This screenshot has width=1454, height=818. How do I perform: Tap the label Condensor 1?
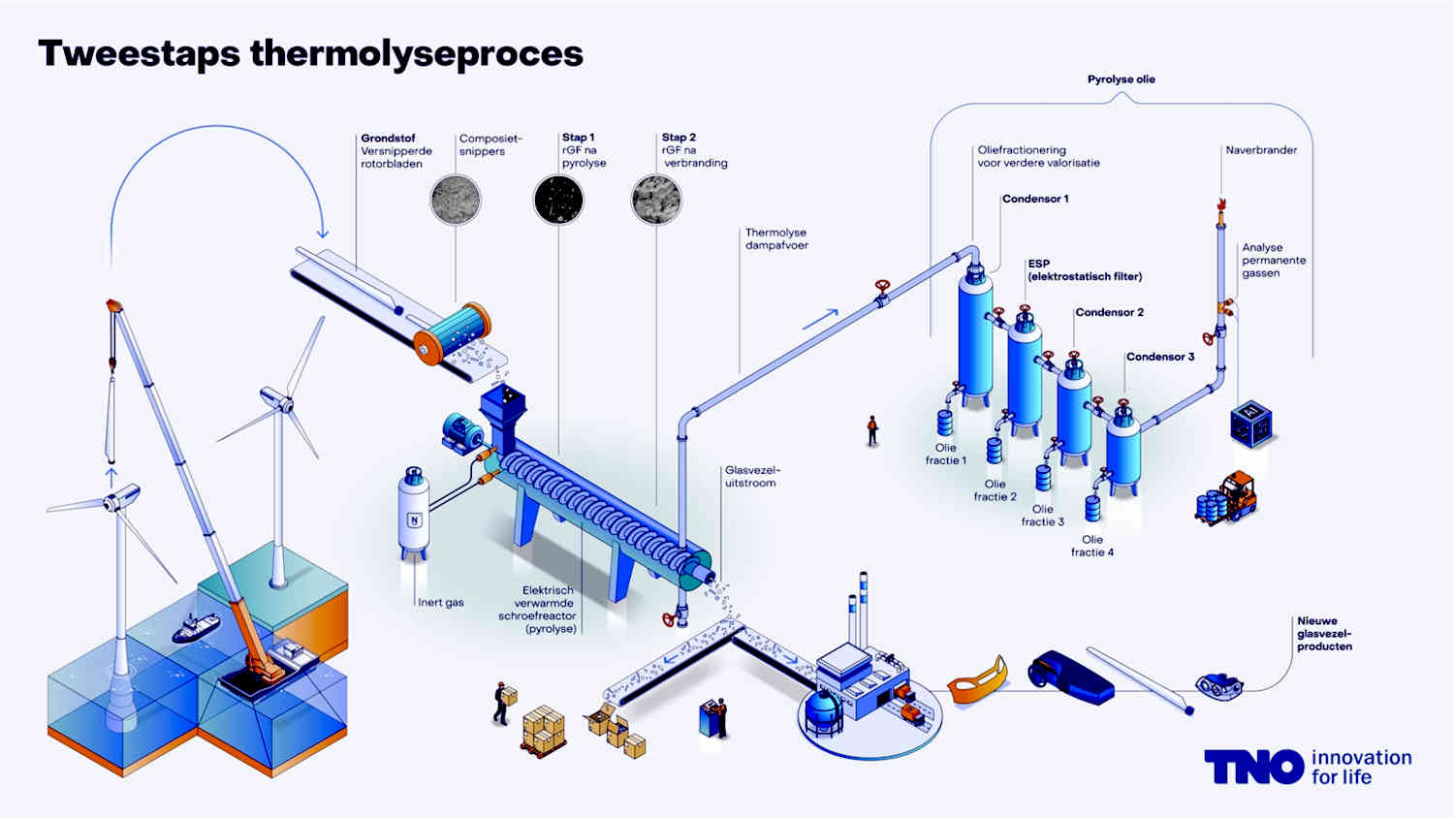1035,199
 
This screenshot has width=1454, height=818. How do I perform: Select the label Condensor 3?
1160,357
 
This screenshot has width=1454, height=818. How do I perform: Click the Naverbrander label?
1261,150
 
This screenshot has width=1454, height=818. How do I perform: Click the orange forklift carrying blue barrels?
1226,498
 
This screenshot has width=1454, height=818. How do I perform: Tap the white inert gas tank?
414,513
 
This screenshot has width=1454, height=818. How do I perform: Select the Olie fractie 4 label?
1091,546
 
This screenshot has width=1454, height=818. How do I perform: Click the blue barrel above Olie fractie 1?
945,423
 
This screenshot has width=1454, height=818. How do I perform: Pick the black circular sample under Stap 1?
558,200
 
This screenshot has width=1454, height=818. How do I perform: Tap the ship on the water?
196,628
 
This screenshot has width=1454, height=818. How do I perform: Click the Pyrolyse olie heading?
1121,79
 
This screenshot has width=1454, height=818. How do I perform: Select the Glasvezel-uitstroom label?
752,477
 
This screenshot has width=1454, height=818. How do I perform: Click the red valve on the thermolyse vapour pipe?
882,293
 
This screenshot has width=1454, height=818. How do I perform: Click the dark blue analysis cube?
1251,424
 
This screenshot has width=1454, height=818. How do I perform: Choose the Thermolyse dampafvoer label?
776,239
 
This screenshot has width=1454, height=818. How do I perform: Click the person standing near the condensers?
872,430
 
